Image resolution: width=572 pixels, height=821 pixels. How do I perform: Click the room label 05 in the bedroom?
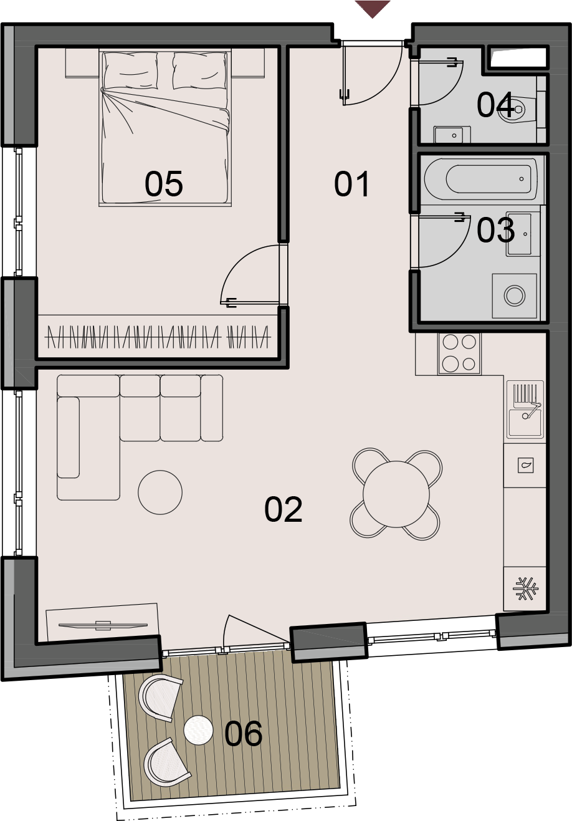pos(164,184)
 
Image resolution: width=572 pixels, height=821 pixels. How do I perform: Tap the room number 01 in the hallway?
pos(351,184)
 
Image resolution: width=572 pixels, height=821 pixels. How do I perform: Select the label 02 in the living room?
pos(284,509)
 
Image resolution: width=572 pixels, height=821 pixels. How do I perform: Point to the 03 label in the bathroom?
pos(496,230)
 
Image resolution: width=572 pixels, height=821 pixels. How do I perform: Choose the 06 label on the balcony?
pos(243,733)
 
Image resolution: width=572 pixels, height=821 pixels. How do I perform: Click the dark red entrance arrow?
pos(373,9)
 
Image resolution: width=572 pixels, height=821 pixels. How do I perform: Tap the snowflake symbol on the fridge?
pos(525,589)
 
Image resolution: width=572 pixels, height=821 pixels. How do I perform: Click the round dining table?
pos(396,494)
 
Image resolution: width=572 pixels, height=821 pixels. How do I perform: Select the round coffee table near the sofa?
pos(160,492)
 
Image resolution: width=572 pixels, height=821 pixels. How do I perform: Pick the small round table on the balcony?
pos(198,730)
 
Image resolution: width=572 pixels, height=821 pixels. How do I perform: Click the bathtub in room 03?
pos(481,179)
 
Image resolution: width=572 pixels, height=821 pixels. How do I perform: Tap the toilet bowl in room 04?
pos(512,109)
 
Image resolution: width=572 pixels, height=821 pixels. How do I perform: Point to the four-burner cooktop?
pos(459,353)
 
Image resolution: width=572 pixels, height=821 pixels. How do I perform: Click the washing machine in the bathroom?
pos(515,295)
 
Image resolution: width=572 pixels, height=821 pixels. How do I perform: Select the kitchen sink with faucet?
pos(526,410)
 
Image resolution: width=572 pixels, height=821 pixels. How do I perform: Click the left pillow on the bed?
pos(131,70)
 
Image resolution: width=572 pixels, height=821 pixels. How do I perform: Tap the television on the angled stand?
pos(103,625)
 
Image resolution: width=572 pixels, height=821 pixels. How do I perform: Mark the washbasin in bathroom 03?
pos(519,234)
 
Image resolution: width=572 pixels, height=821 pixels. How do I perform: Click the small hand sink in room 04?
pos(452,135)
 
